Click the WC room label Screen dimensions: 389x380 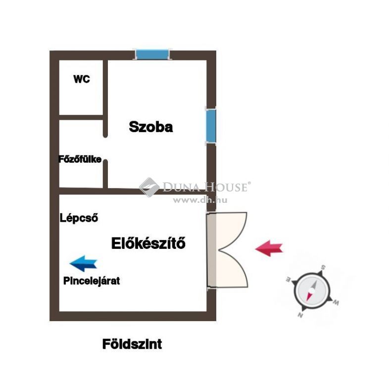(x=82, y=79)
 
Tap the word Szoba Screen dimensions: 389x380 (x=151, y=127)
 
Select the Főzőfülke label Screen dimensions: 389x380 (x=80, y=159)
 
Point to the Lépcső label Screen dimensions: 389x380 (x=79, y=218)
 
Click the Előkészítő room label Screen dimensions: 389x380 (x=148, y=243)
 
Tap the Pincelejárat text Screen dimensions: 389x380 (x=92, y=281)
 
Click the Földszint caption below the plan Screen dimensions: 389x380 (x=132, y=344)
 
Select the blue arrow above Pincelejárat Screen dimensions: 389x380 (x=83, y=263)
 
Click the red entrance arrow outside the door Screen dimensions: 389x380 (x=269, y=248)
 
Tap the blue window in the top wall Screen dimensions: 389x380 (x=152, y=54)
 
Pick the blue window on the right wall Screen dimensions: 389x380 (x=211, y=126)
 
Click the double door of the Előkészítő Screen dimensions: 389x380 (x=227, y=250)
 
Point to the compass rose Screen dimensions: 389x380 (x=312, y=291)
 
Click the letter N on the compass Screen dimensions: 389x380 (x=300, y=315)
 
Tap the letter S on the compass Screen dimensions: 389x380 (x=324, y=267)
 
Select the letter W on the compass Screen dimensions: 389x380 (x=336, y=302)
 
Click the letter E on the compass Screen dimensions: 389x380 (x=288, y=279)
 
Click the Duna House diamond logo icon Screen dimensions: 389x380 (x=149, y=187)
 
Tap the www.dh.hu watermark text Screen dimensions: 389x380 (x=200, y=200)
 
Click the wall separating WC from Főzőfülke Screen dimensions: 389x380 (x=81, y=118)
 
